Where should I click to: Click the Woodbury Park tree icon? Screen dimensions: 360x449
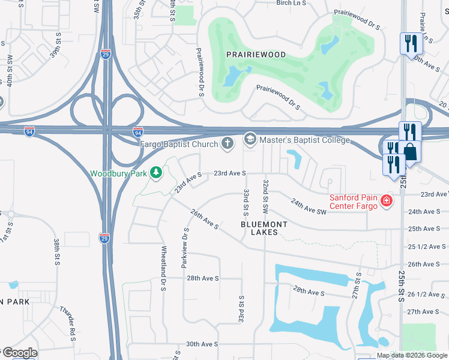pos(156,173)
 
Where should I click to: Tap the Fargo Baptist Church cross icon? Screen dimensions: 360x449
pos(227,143)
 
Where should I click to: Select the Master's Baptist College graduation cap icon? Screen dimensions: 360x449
pos(249,140)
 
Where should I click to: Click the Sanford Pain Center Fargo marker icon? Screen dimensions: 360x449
pos(387,201)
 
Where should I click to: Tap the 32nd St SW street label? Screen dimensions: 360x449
pos(265,195)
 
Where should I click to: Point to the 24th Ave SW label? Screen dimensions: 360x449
pos(309,207)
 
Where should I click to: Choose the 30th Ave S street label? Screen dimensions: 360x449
pos(202,344)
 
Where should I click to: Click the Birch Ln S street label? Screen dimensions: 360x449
pos(291,3)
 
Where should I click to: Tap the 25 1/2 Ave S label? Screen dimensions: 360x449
pos(427,247)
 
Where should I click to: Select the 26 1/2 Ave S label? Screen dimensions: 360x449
pos(427,295)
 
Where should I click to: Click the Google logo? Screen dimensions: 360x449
pos(19,353)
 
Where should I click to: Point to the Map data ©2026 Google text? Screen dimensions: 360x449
pos(411,355)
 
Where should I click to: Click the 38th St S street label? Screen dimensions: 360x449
pos(56,252)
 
